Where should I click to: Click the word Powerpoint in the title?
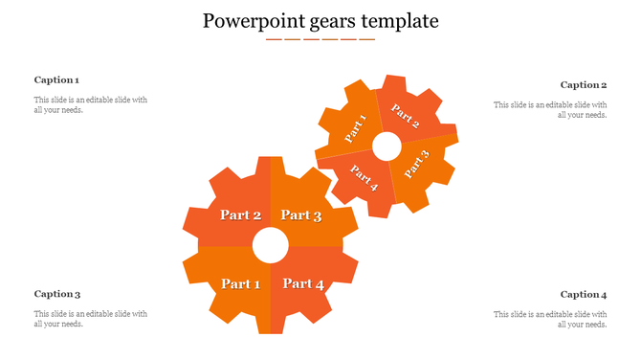pos(252,20)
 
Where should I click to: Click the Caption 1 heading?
pos(56,80)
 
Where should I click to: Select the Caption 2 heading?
pos(584,85)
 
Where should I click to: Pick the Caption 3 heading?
pos(56,294)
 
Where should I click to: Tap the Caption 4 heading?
pos(584,294)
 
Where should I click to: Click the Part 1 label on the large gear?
pos(240,283)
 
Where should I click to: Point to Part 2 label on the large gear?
pos(240,214)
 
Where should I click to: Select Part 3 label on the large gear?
pos(301,215)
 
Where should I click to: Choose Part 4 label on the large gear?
pos(303,283)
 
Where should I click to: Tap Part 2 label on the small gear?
pos(406,117)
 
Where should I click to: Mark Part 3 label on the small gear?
pos(417,164)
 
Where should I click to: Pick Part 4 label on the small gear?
pos(365,178)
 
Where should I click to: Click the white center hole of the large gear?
pos(271,246)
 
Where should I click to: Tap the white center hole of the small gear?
pos(387,146)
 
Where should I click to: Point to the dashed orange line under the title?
pos(320,39)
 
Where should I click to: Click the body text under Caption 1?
pos(90,105)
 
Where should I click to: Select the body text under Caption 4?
pos(550,319)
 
